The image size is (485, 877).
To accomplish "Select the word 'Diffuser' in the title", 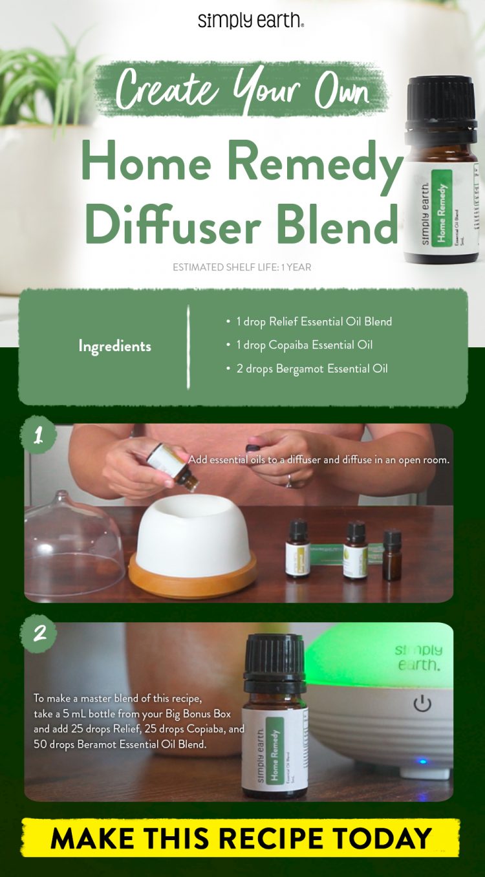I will click(x=166, y=223).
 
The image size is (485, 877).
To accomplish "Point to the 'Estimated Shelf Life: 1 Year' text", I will click(x=242, y=267).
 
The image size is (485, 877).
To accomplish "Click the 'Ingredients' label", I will click(x=114, y=346).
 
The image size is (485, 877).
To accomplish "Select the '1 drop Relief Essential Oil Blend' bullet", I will click(x=308, y=321).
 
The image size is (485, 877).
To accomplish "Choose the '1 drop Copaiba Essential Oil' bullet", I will click(x=308, y=345).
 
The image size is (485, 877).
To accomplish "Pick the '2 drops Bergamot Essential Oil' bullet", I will click(x=307, y=369).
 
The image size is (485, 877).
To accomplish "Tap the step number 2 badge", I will click(x=39, y=633).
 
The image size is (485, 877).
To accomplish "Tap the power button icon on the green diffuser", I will click(x=422, y=704).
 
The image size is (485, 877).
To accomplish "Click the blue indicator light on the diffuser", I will click(x=422, y=761).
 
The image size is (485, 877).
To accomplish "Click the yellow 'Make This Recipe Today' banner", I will click(x=241, y=838).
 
